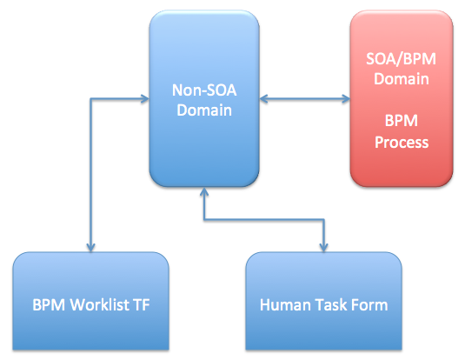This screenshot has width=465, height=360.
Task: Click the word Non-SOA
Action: [x=204, y=89]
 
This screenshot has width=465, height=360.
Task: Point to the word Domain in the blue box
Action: [x=204, y=110]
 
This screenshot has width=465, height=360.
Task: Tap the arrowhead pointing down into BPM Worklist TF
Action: [x=91, y=247]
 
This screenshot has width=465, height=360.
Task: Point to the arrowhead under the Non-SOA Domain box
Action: [x=204, y=192]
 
